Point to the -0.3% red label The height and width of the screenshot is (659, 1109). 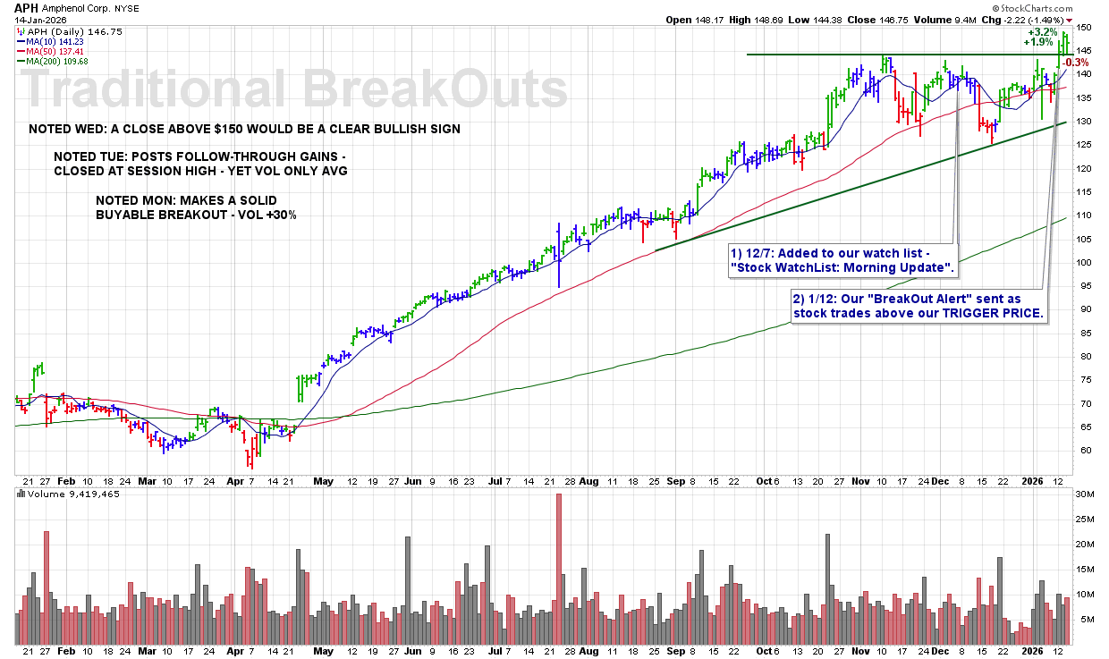(x=1076, y=62)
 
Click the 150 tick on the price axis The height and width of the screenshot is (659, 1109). (x=1084, y=27)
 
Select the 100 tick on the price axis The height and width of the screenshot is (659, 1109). (x=1084, y=262)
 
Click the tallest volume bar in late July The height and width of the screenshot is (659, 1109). (x=559, y=569)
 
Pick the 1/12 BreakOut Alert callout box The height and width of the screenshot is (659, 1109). (x=919, y=305)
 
